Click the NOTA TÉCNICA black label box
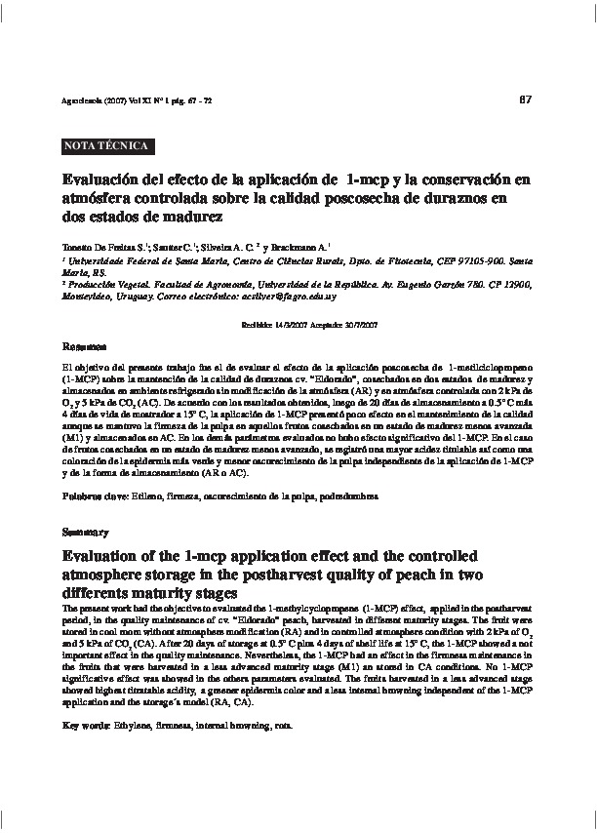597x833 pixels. [104, 146]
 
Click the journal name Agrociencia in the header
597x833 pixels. [82, 101]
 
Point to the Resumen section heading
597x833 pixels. [83, 346]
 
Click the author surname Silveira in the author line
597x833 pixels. [208, 248]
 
